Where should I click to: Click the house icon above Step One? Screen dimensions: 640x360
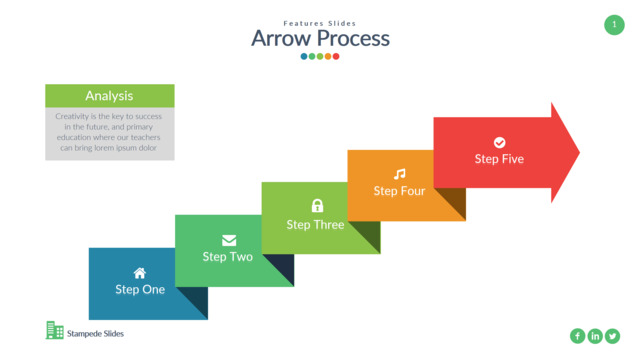pyautogui.click(x=140, y=273)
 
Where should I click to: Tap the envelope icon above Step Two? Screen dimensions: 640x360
pyautogui.click(x=229, y=240)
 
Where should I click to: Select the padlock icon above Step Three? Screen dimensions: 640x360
pyautogui.click(x=317, y=205)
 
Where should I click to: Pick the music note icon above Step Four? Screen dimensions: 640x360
pyautogui.click(x=400, y=174)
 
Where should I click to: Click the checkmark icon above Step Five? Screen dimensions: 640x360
pyautogui.click(x=500, y=142)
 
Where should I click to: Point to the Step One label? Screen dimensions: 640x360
pyautogui.click(x=140, y=289)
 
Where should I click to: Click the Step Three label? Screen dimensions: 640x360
pyautogui.click(x=315, y=225)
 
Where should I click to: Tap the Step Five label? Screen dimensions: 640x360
pyautogui.click(x=499, y=159)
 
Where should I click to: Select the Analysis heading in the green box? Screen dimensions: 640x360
pyautogui.click(x=109, y=96)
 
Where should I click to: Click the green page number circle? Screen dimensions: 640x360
pyautogui.click(x=614, y=25)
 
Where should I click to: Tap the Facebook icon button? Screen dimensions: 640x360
pyautogui.click(x=578, y=336)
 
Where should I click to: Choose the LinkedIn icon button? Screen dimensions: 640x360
pyautogui.click(x=595, y=336)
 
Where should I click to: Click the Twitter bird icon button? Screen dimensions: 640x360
pyautogui.click(x=613, y=336)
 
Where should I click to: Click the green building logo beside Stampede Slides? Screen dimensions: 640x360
pyautogui.click(x=55, y=330)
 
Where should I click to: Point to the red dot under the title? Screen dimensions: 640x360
pyautogui.click(x=336, y=56)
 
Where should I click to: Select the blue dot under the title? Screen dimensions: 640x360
pyautogui.click(x=304, y=56)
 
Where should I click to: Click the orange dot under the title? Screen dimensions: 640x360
pyautogui.click(x=328, y=56)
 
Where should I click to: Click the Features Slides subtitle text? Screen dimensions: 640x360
pyautogui.click(x=320, y=23)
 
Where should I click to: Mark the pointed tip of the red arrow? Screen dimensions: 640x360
pyautogui.click(x=580, y=153)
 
